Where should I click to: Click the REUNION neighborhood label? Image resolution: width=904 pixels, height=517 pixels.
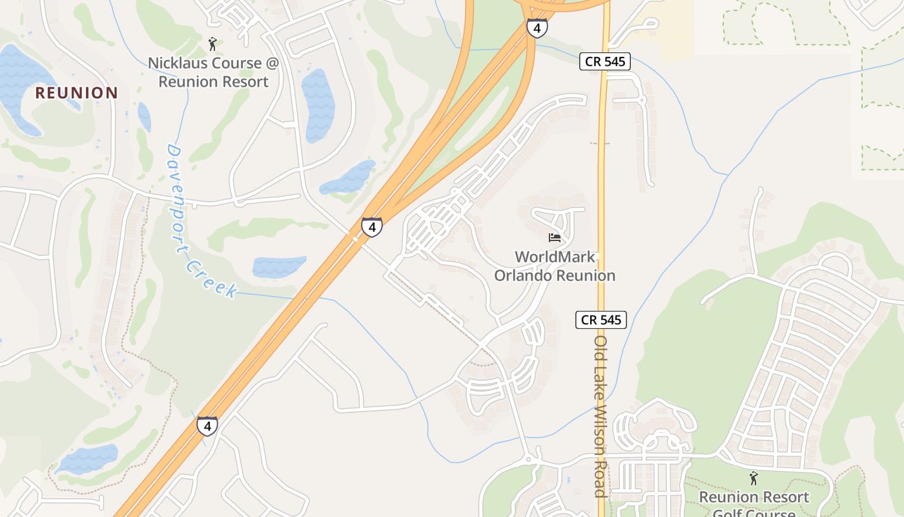[x=76, y=92]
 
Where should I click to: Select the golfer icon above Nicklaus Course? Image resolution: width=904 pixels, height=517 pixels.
[x=212, y=44]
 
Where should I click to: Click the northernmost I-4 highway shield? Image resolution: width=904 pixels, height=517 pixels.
[x=537, y=28]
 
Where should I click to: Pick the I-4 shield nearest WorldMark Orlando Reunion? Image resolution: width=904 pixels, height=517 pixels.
[x=371, y=227]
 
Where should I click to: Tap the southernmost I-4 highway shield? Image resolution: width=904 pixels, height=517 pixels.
[x=207, y=426]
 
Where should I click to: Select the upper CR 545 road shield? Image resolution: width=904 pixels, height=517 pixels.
[x=604, y=61]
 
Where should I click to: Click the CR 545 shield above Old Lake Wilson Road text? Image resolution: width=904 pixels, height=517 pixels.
[x=601, y=319]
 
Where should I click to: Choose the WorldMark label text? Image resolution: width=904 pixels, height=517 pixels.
[x=555, y=257]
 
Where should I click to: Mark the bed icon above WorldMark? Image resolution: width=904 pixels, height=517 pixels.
[x=555, y=238]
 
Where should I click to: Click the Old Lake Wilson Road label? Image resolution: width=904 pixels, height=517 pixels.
[x=601, y=416]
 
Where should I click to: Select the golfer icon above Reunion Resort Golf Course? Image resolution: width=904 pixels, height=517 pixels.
[x=753, y=478]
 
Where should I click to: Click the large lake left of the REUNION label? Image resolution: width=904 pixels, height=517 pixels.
[x=19, y=84]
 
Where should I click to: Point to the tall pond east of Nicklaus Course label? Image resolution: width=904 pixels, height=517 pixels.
[x=318, y=103]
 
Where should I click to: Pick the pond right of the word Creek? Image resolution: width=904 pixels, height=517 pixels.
[x=279, y=266]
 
